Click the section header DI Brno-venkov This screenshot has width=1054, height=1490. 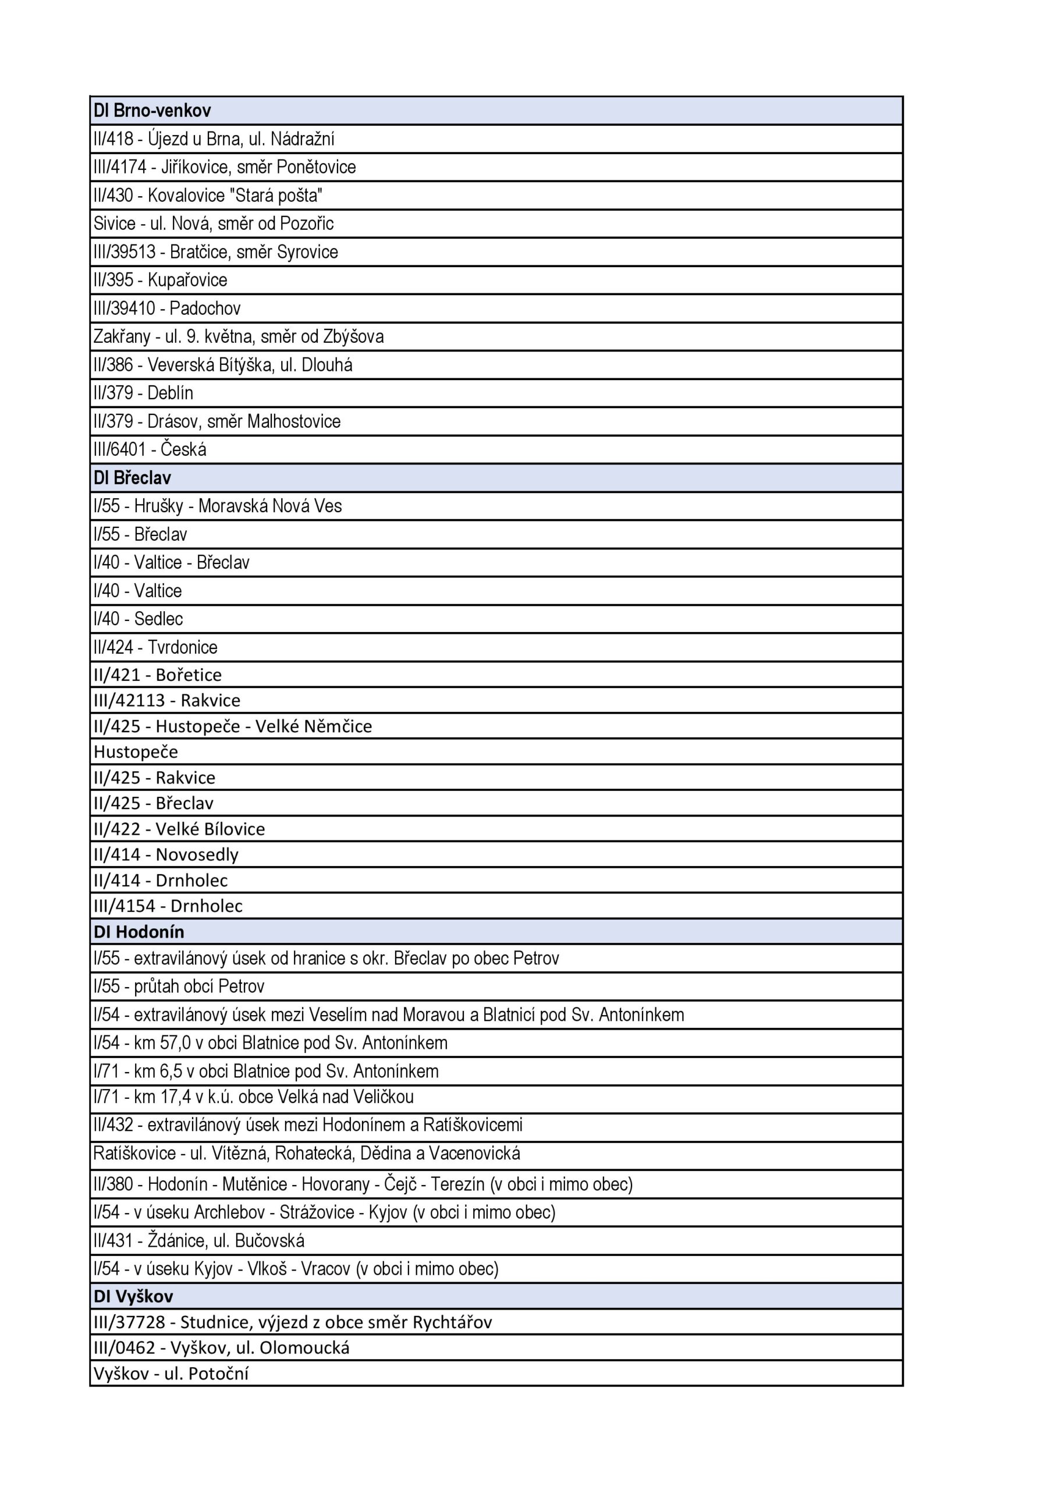[x=152, y=111]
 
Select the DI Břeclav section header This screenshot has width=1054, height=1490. [x=132, y=478]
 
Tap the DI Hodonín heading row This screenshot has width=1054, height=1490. [x=139, y=932]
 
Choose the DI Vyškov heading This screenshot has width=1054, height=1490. [x=134, y=1297]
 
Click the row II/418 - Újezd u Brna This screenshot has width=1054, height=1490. [x=214, y=139]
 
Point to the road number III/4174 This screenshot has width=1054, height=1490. [x=120, y=168]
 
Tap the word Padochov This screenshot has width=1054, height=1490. [x=205, y=308]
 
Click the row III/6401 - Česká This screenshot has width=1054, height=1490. [x=150, y=449]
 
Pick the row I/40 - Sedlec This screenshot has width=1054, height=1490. [x=139, y=619]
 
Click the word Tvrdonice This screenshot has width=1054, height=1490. [x=182, y=647]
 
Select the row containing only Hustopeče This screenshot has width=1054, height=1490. [x=136, y=752]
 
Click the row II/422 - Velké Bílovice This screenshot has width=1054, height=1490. [x=179, y=829]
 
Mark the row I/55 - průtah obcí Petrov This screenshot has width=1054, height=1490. [x=179, y=987]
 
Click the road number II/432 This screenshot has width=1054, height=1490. [x=113, y=1124]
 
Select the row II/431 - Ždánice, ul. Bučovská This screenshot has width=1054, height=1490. [x=198, y=1241]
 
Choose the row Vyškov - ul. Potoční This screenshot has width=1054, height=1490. [x=171, y=1373]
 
